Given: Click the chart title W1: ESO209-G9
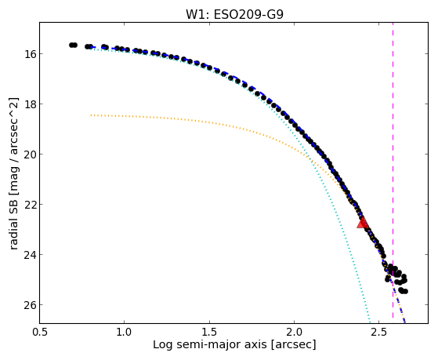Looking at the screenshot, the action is (234, 14).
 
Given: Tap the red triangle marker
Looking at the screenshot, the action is (363, 223).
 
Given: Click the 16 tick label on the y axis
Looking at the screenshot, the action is (28, 53).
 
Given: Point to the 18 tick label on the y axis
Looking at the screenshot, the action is (28, 104).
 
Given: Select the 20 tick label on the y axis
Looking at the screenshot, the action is (28, 155).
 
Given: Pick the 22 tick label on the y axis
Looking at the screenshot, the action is (28, 205).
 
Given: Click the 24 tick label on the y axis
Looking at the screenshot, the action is (28, 255).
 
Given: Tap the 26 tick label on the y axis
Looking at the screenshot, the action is (28, 305).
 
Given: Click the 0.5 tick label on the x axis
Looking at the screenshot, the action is (40, 332).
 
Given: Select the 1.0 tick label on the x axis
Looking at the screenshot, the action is (125, 332).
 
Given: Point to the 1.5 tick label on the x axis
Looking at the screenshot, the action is (209, 332).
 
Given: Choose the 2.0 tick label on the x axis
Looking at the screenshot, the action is (294, 332).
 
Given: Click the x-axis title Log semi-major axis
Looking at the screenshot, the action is (210, 344).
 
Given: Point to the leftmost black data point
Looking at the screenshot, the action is (71, 45).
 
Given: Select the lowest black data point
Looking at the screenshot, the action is (406, 292).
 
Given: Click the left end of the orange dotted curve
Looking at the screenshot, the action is (91, 115).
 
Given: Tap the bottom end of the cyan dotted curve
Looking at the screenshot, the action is (370, 322).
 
